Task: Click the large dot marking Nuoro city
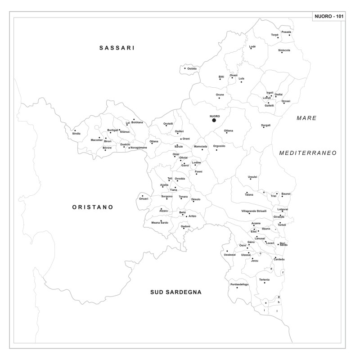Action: (214, 120)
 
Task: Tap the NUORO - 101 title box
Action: (330, 17)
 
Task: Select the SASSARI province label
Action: (117, 47)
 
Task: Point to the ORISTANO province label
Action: (92, 207)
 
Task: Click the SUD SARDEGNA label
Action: (176, 292)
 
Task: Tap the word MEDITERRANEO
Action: (308, 153)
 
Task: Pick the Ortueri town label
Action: (144, 199)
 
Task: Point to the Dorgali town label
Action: (266, 125)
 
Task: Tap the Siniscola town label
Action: (284, 50)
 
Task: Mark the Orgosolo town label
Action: (219, 146)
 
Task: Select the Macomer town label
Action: (97, 140)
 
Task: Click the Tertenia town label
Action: (265, 279)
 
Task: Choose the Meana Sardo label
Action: (159, 223)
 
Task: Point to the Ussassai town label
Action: (229, 254)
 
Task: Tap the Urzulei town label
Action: (252, 176)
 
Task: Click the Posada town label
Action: (286, 32)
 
